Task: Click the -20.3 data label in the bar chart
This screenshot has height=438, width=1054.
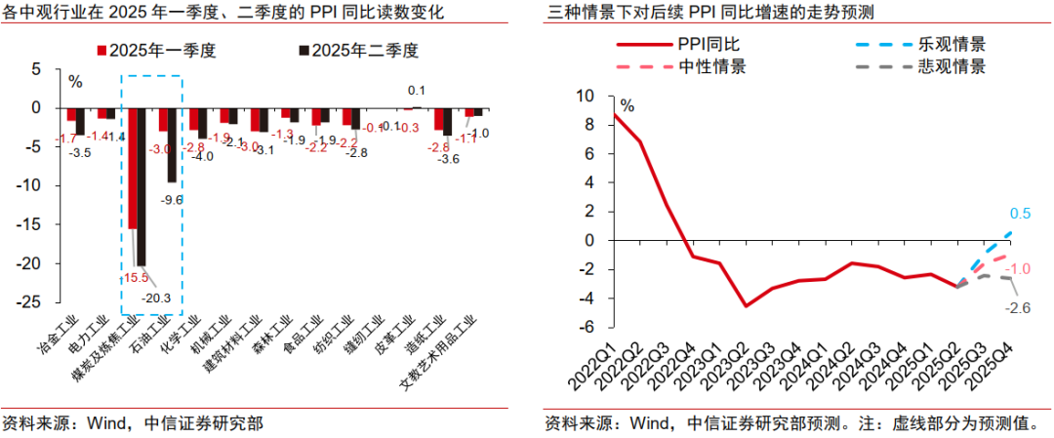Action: pos(155,299)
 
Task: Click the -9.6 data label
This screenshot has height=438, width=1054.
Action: pos(173,199)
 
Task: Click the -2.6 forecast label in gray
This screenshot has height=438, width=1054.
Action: pos(1018,307)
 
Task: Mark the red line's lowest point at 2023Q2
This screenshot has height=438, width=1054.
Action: pos(746,305)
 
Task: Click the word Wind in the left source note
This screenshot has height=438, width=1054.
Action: pos(108,423)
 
